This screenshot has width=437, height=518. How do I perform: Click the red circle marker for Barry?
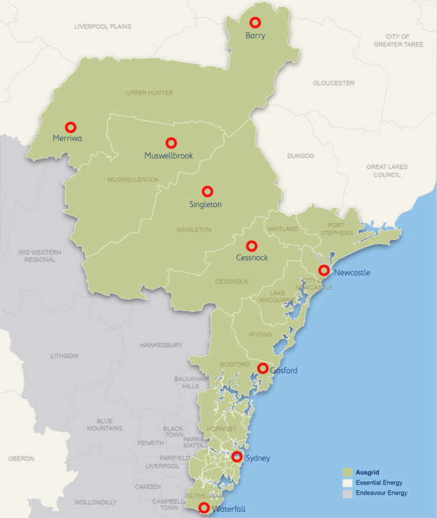255,23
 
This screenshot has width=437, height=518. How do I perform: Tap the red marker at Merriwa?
70,127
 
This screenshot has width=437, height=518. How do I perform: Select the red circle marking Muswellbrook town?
171,143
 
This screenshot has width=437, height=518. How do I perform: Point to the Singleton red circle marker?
207,191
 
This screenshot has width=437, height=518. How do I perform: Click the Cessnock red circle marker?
251,245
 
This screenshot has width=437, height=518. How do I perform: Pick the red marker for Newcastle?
324,271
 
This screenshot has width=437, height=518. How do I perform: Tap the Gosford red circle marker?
263,368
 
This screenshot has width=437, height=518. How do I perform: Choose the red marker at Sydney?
237,456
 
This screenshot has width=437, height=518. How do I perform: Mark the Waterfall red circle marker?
203,507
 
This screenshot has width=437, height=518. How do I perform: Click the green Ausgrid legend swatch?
347,472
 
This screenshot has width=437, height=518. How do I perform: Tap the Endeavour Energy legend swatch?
347,493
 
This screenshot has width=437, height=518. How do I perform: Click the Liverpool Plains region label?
102,27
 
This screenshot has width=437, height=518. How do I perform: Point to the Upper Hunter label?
150,93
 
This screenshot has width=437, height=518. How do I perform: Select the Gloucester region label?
333,83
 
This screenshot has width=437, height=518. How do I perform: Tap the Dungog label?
300,156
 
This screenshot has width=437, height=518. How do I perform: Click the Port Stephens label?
340,229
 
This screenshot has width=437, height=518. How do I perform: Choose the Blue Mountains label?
104,424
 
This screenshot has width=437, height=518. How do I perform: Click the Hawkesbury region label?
160,345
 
